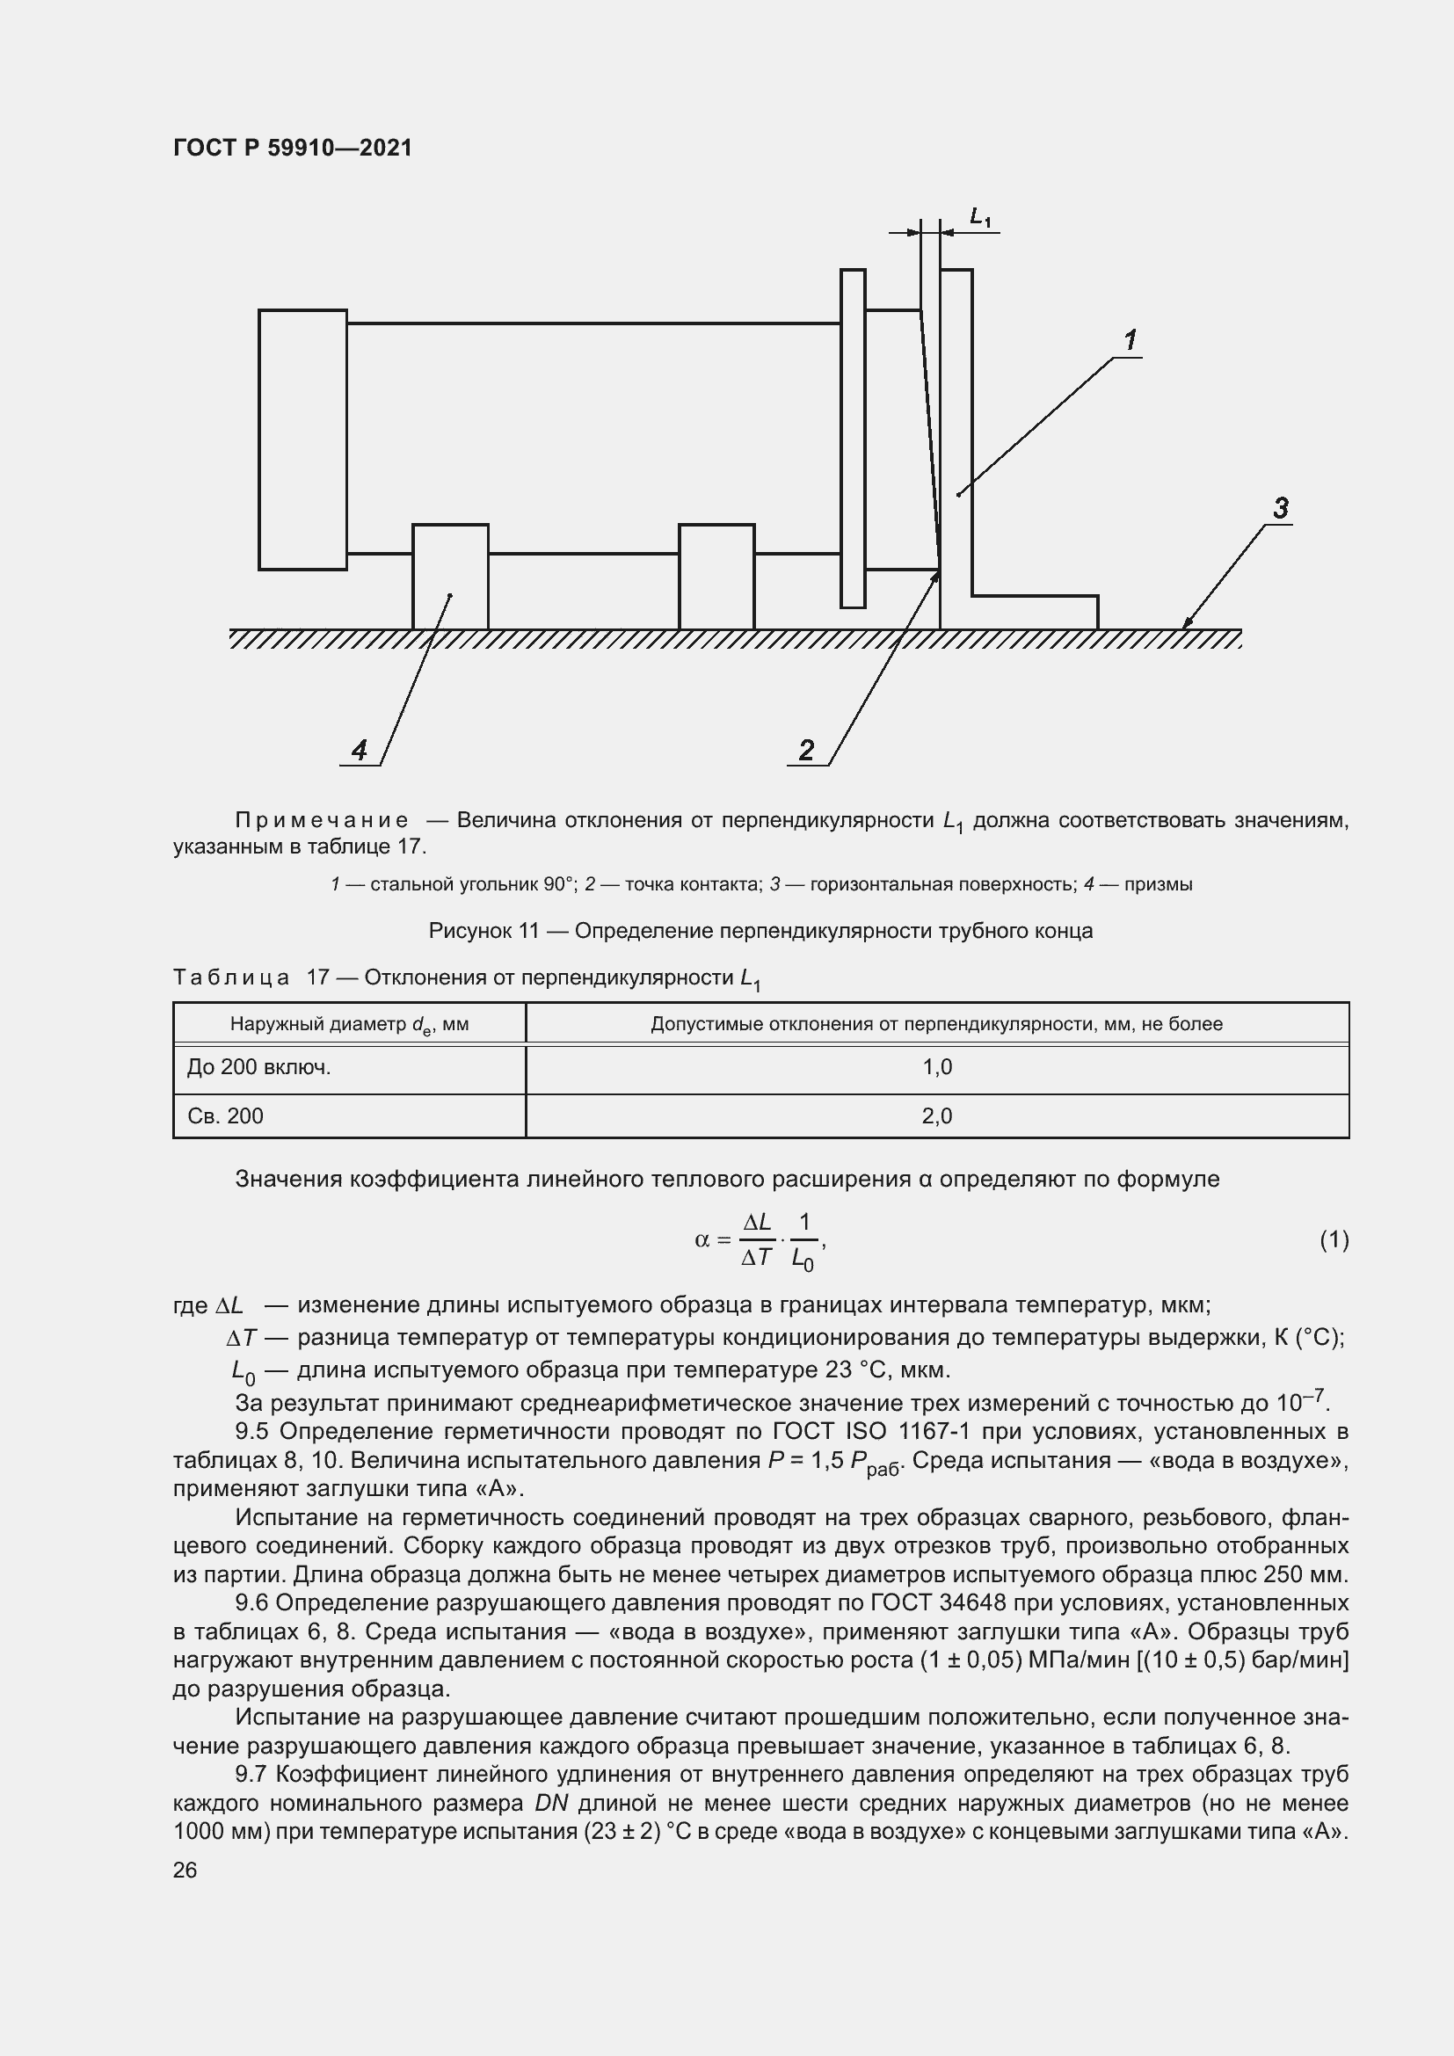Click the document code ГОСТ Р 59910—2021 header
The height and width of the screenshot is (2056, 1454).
pyautogui.click(x=293, y=148)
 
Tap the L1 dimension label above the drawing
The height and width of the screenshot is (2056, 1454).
pyautogui.click(x=980, y=217)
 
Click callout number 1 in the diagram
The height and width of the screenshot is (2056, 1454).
pyautogui.click(x=1130, y=340)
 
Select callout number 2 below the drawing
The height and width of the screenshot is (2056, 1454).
pyautogui.click(x=806, y=750)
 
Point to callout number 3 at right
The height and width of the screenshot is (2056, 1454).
pyautogui.click(x=1280, y=509)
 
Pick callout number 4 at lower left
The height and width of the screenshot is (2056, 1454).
pyautogui.click(x=359, y=750)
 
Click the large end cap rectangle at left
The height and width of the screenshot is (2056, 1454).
pyautogui.click(x=302, y=440)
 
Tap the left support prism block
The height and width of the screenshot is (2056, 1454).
pyautogui.click(x=450, y=577)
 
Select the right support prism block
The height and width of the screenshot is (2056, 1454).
pyautogui.click(x=716, y=577)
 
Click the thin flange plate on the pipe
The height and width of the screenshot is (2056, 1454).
pyautogui.click(x=853, y=438)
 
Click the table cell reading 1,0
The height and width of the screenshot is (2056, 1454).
pyautogui.click(x=936, y=1067)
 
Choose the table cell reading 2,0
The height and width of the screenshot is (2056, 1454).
pyautogui.click(x=936, y=1115)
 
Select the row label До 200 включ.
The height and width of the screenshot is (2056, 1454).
pyautogui.click(x=258, y=1067)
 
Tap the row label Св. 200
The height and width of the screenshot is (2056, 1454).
pyautogui.click(x=226, y=1115)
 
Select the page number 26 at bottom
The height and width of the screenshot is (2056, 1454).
pyautogui.click(x=185, y=1870)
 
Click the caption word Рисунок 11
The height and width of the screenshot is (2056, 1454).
pyautogui.click(x=483, y=931)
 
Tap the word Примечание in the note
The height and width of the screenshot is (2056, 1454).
pyautogui.click(x=322, y=820)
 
